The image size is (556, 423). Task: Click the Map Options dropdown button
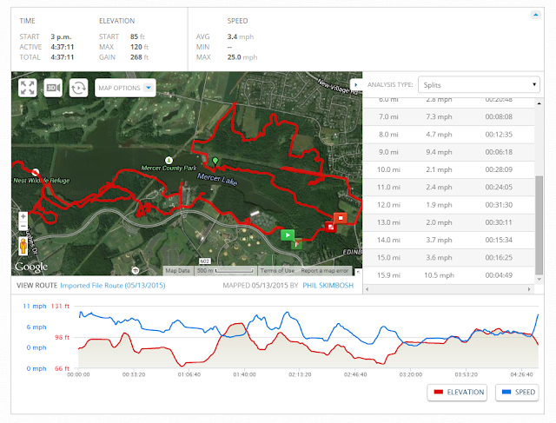(125, 88)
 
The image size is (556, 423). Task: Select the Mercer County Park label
(169, 168)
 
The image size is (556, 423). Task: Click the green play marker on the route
(288, 234)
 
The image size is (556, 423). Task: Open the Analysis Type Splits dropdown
(477, 84)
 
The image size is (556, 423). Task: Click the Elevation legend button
(457, 393)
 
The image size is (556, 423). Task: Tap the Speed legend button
(519, 393)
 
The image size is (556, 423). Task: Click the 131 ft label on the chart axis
(60, 306)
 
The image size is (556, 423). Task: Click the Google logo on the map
(30, 267)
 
